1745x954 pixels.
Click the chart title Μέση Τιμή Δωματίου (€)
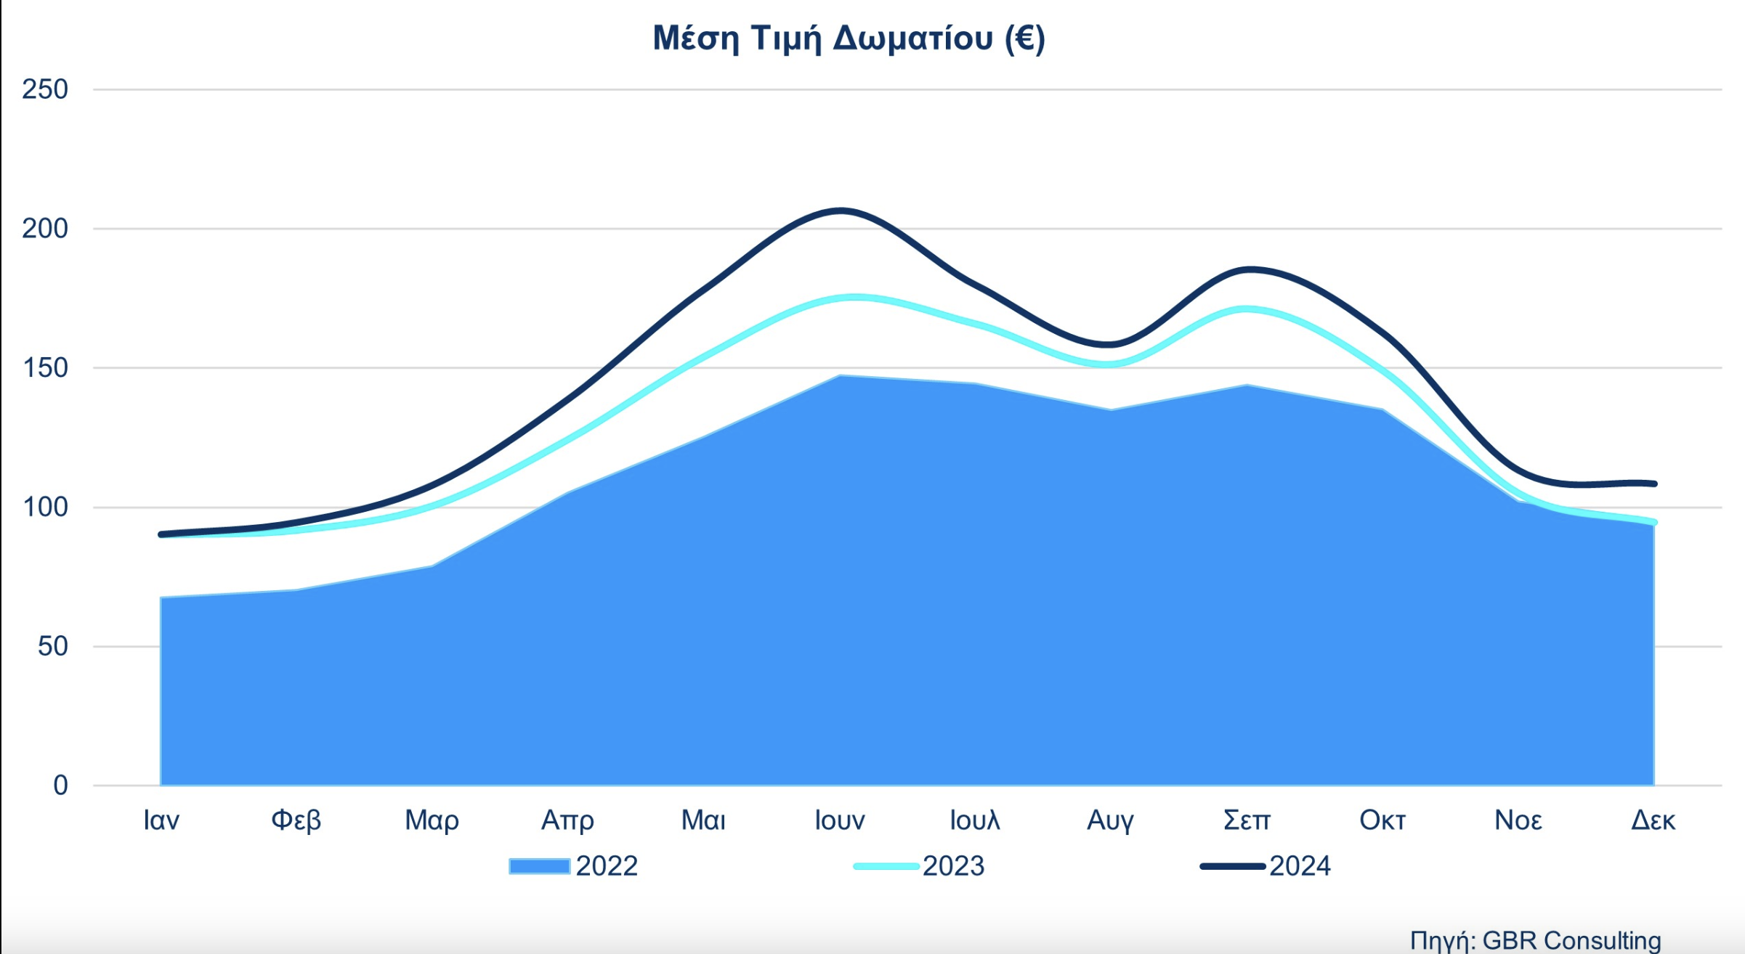[849, 38]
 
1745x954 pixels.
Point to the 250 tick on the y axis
[45, 89]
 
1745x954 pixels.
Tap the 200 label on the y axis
[45, 229]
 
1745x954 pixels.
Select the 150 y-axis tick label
[45, 368]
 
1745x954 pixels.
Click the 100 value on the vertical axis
[45, 507]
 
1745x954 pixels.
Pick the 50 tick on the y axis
[52, 646]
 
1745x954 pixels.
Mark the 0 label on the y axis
[60, 785]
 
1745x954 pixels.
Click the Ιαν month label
[161, 820]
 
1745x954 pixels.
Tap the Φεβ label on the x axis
[296, 820]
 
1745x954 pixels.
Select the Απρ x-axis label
[567, 820]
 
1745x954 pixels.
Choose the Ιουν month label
[840, 820]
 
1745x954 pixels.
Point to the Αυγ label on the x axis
[1110, 820]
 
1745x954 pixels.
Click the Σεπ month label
[1247, 820]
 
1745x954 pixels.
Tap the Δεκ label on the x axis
[1653, 820]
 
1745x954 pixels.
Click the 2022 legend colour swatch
[539, 866]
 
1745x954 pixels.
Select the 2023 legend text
[953, 866]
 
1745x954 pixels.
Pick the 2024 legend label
[1300, 866]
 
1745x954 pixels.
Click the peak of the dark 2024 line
[841, 211]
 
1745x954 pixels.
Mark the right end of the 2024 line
[1654, 484]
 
